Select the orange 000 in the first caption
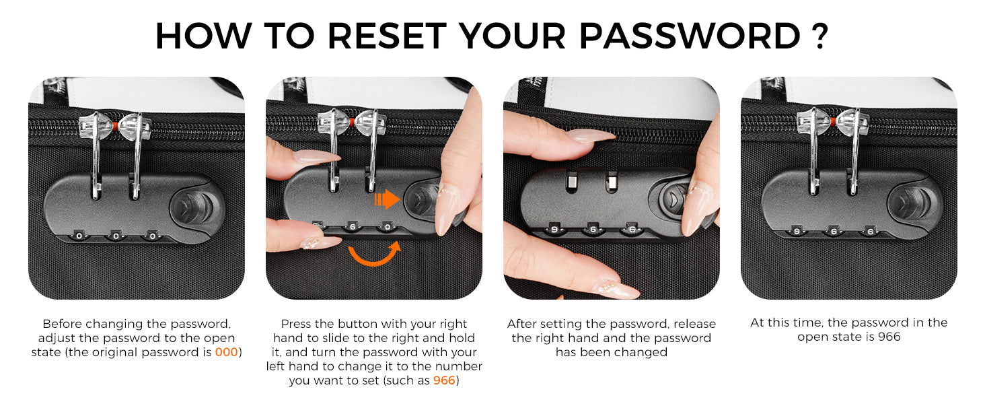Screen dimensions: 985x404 point(227,352)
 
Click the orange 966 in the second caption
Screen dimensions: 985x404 point(444,380)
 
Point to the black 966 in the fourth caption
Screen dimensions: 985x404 point(889,337)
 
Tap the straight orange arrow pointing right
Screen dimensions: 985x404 point(387,199)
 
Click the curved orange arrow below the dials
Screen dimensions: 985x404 point(375,255)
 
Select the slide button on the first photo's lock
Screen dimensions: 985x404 point(192,207)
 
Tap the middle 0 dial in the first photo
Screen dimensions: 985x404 point(116,236)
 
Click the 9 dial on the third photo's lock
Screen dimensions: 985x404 point(554,230)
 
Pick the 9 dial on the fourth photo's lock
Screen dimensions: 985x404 point(797,231)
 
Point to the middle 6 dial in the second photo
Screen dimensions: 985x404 point(353,227)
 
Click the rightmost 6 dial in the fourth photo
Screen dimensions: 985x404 point(870,232)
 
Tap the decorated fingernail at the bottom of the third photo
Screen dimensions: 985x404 point(616,288)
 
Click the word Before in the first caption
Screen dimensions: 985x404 point(62,324)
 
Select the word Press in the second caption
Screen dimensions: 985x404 point(296,324)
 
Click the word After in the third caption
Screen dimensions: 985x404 point(521,324)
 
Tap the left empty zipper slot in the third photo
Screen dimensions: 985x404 point(572,182)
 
